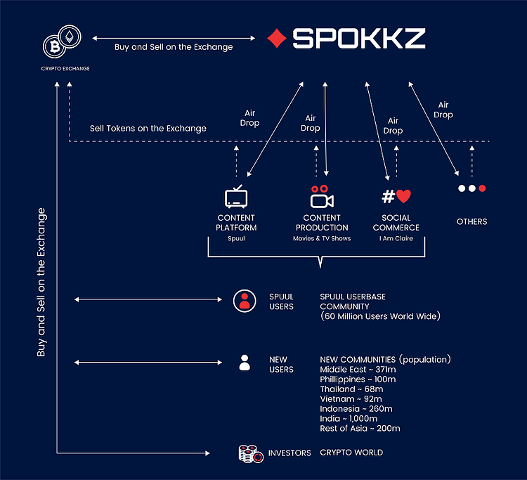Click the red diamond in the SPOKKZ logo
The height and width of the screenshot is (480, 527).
click(277, 39)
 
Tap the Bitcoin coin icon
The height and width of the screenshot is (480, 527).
click(54, 46)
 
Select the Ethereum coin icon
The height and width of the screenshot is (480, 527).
click(70, 37)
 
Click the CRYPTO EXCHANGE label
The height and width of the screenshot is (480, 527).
click(65, 69)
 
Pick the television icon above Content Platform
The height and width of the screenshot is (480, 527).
click(236, 197)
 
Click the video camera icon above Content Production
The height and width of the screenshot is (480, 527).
click(322, 197)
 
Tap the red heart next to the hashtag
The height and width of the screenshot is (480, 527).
click(403, 196)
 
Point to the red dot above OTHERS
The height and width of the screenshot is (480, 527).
click(482, 188)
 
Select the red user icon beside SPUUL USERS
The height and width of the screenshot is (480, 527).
click(245, 301)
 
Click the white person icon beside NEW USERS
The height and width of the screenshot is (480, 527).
click(245, 363)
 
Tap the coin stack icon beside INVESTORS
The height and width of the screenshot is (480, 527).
click(251, 454)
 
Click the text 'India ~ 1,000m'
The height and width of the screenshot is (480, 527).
click(349, 418)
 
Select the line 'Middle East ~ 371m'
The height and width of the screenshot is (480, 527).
click(358, 370)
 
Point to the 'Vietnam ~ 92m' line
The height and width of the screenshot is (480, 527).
click(351, 399)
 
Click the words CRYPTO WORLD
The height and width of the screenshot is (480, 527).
click(351, 453)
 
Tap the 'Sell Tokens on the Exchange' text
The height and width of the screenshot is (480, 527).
click(148, 129)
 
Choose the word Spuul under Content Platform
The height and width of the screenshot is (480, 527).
click(236, 238)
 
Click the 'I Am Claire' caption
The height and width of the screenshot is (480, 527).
click(396, 238)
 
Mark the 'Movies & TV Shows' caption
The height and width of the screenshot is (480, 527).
click(322, 238)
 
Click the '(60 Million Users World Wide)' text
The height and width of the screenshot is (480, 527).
click(380, 316)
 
